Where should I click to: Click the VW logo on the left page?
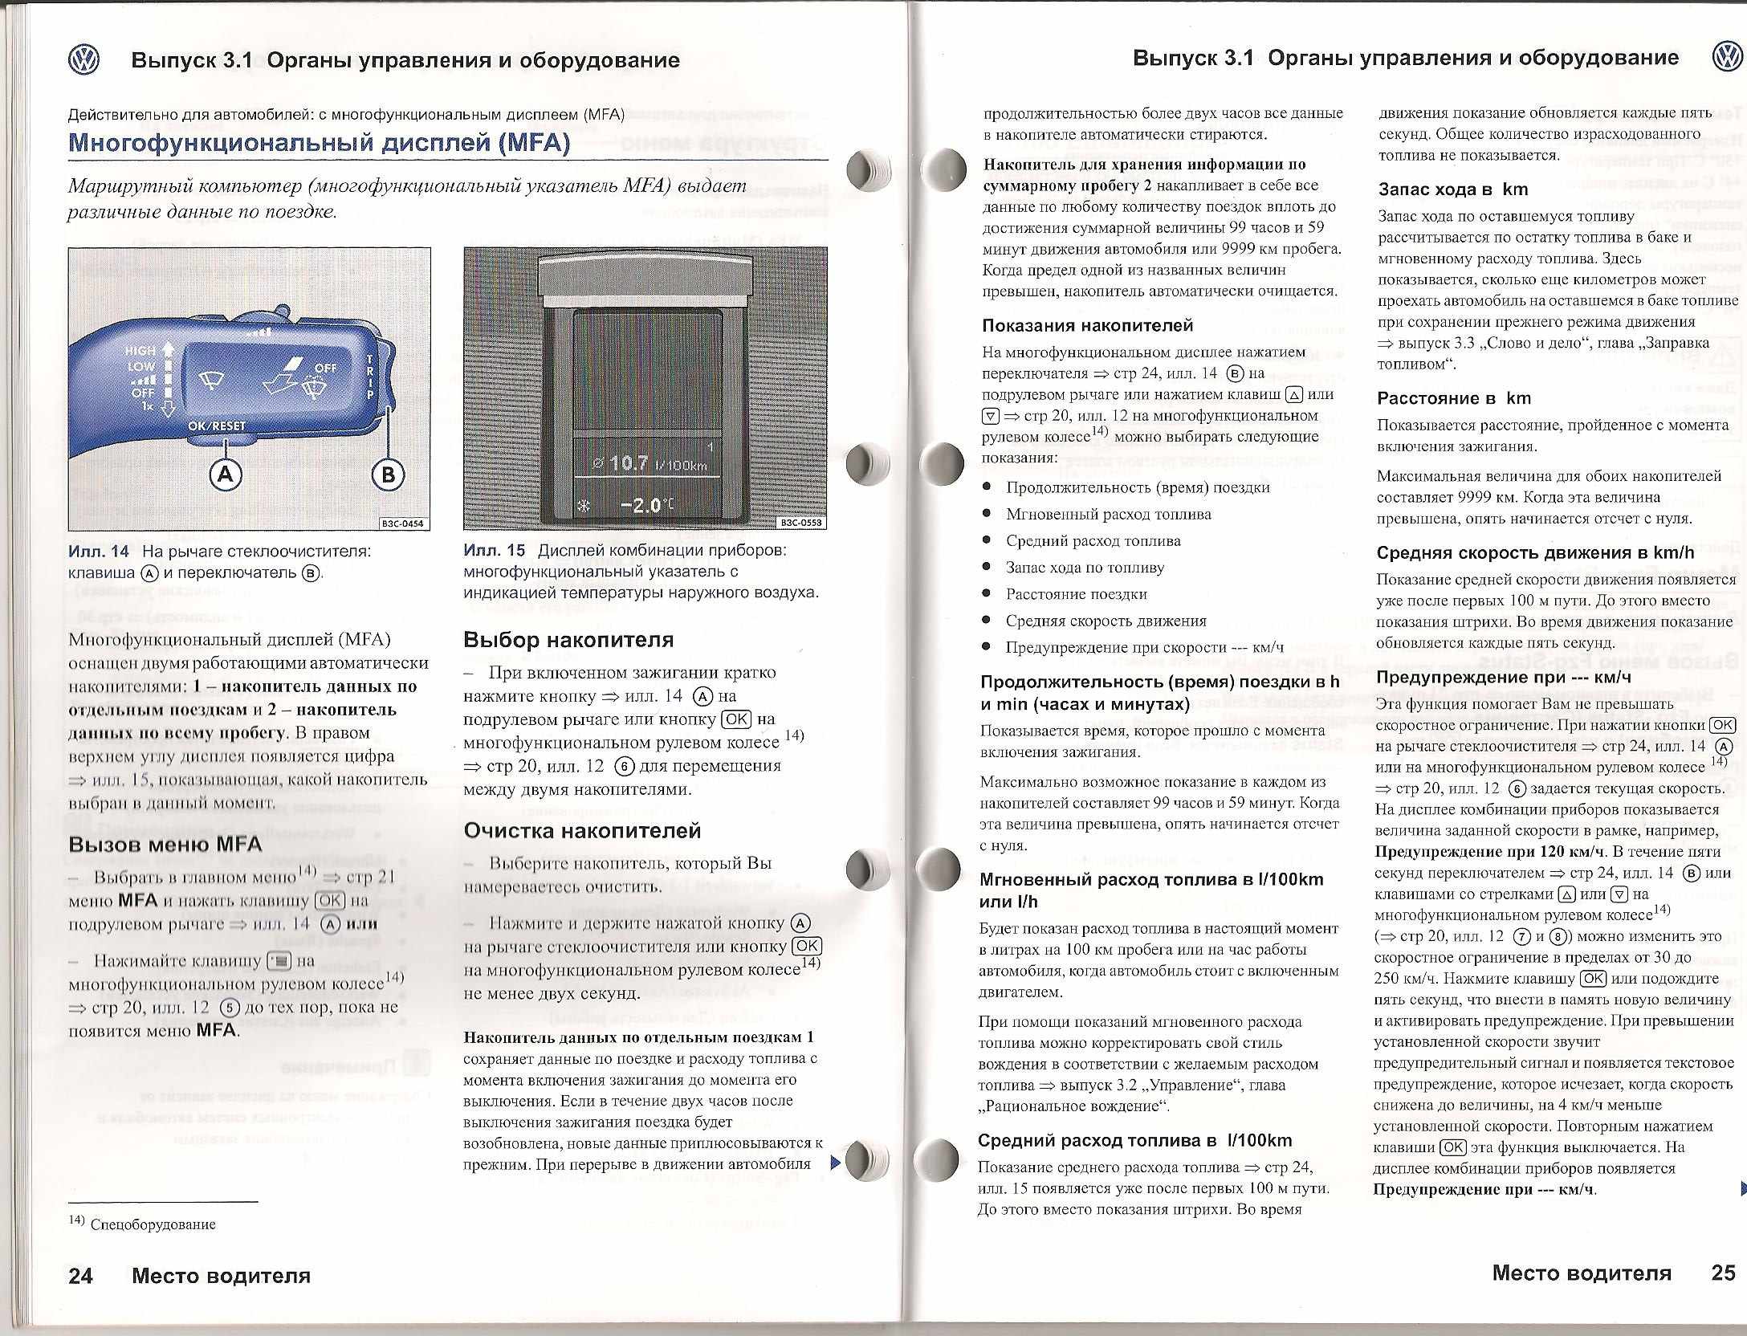83,60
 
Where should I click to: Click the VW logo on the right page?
1727,58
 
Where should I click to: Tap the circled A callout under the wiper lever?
226,474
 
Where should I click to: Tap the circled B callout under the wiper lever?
388,475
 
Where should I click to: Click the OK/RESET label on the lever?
217,426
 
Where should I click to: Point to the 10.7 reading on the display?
629,463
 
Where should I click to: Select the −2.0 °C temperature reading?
647,506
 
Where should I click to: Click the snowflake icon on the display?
584,507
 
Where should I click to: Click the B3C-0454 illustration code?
403,524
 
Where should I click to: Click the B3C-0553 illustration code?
800,523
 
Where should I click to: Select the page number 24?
80,1276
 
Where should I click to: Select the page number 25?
1724,1273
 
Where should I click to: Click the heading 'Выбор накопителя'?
568,640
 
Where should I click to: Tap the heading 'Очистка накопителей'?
582,830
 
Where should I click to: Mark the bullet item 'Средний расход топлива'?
1093,541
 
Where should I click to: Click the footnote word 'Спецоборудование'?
153,1224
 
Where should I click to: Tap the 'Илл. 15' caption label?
494,551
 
